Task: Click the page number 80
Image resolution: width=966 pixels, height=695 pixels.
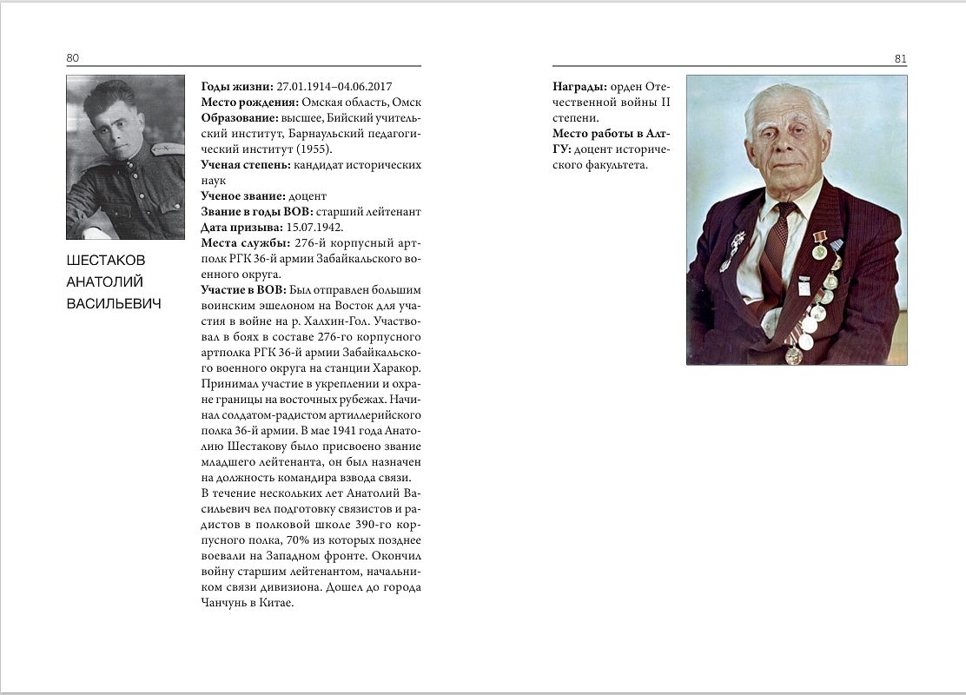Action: [x=72, y=58]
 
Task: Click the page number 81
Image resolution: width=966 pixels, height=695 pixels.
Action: [x=900, y=59]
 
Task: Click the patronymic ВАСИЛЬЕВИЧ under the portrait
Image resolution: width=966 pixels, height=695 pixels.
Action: [x=113, y=303]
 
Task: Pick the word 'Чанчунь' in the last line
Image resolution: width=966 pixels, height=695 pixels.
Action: [x=226, y=603]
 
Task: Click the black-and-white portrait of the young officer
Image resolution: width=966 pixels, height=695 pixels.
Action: [x=125, y=143]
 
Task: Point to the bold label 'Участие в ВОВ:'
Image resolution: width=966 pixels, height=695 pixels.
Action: [x=243, y=289]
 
